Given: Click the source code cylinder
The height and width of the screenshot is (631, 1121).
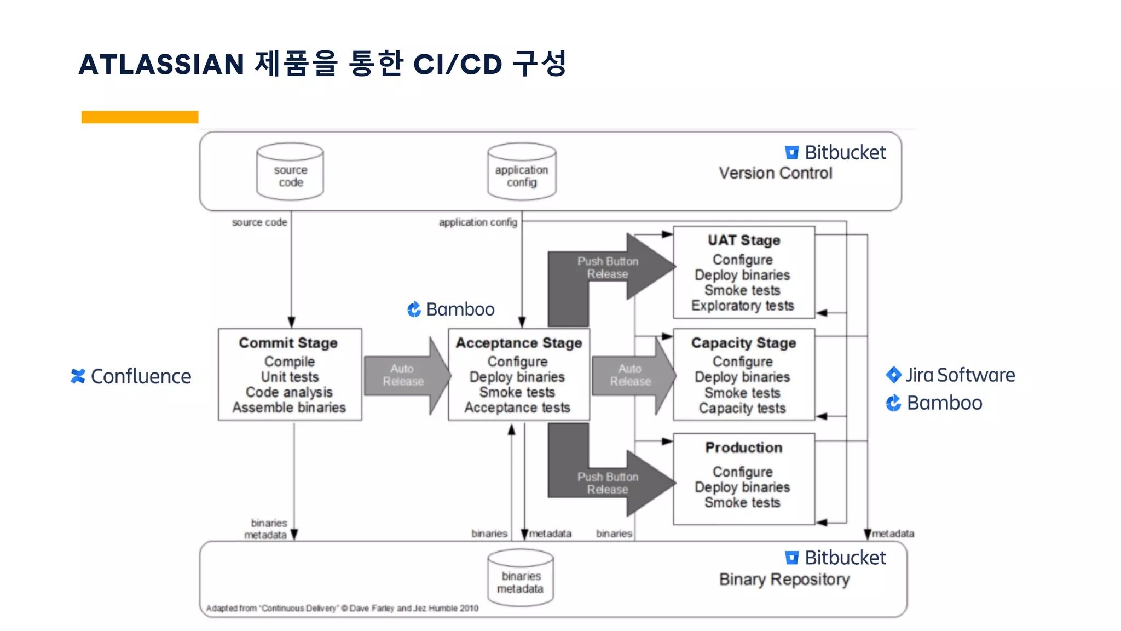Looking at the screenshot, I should pos(290,171).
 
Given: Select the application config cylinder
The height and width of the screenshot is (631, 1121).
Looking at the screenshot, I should pos(522,171).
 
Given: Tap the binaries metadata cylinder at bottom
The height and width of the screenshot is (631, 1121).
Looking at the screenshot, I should pos(521,578).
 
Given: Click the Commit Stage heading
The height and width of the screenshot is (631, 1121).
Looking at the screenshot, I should pos(288,343).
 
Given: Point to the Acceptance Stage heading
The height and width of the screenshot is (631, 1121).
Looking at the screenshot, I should pos(519,343).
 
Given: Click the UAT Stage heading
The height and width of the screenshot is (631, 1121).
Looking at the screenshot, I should pos(744,240).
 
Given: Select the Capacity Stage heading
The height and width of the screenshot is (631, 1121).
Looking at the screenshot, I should pos(743,343).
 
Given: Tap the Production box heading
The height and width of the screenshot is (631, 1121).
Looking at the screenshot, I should pos(743,448).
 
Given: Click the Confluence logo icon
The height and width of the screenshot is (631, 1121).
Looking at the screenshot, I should pos(78,376).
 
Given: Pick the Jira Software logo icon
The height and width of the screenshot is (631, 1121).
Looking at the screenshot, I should pos(893,375).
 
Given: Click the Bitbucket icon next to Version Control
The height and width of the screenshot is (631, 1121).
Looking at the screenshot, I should pos(791,152).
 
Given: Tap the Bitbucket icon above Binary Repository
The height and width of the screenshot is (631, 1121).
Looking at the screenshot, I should pos(791,558).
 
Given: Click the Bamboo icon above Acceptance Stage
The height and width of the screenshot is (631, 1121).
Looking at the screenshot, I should pos(414,309).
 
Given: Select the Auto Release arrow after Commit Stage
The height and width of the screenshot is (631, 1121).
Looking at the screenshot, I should pos(405,375).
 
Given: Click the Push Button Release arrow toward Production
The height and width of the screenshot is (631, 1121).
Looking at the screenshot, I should pos(608,483).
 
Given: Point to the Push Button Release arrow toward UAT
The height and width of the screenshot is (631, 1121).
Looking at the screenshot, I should pos(608,267).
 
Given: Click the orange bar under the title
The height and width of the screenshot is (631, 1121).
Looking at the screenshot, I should pos(140,117).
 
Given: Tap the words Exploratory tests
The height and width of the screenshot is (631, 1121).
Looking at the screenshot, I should pos(742,306).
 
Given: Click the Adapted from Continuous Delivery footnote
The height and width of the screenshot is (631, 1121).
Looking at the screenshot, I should pos(342,608).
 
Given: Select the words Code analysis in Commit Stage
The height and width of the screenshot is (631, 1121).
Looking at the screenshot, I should pos(289,392).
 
